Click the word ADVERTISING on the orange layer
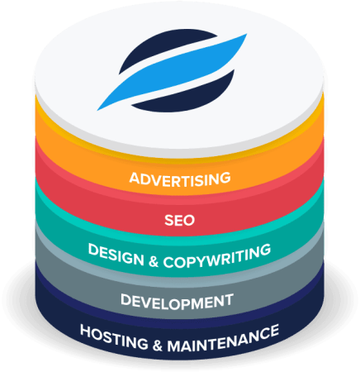(x=180, y=179)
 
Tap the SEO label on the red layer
(x=180, y=221)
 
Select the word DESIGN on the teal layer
(x=116, y=255)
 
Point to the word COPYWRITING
(x=217, y=256)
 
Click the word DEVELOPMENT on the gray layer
(x=177, y=302)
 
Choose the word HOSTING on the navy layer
(x=114, y=336)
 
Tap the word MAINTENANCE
(x=223, y=338)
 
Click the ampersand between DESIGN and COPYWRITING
(x=154, y=262)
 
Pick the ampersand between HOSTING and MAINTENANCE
(x=158, y=346)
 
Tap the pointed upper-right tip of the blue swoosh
(x=247, y=34)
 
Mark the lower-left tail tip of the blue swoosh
(x=97, y=110)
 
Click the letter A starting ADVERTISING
(x=135, y=178)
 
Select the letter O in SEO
(x=189, y=221)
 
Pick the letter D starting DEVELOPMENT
(x=126, y=299)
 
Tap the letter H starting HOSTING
(x=86, y=330)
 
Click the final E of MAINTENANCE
(x=274, y=331)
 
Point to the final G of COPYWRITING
(x=266, y=250)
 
